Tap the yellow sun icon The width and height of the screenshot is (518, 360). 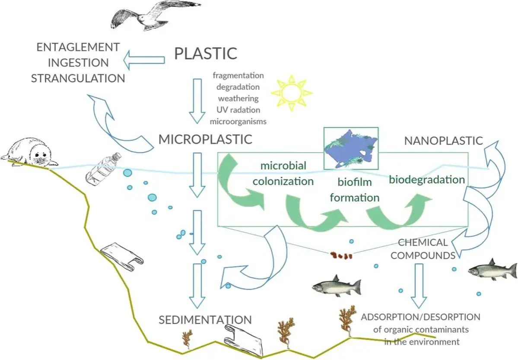point(291,92)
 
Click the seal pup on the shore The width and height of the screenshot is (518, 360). point(30,153)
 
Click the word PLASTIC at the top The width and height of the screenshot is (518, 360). point(206,54)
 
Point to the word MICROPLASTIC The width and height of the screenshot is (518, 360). point(205,139)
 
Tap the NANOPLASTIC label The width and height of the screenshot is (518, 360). point(443,140)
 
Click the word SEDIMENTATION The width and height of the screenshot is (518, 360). point(205,320)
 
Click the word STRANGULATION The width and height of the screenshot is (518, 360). point(78,78)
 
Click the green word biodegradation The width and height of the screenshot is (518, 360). point(427,179)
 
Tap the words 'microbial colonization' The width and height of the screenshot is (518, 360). point(283,173)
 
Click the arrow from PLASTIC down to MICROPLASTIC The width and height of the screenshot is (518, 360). point(197,100)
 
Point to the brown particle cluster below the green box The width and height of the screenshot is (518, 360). point(341,256)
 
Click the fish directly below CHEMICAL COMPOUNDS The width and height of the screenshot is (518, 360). point(493,270)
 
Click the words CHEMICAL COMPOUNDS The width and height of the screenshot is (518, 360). point(423,249)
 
